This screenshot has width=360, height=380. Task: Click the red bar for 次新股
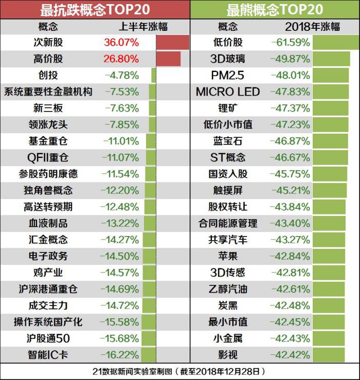172,43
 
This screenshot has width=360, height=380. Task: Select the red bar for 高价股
168,59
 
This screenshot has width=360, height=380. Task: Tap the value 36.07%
121,43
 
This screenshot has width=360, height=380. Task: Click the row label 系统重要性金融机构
48,92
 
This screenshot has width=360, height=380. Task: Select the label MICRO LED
228,92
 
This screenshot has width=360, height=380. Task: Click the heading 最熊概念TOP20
275,10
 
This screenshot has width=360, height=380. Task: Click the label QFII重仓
48,157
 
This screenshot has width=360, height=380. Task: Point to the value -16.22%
121,355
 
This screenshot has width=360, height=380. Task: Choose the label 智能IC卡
48,355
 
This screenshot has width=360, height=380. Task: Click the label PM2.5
228,76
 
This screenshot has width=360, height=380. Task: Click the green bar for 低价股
335,43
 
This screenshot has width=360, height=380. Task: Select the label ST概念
228,157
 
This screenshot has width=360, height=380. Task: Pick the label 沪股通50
48,338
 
